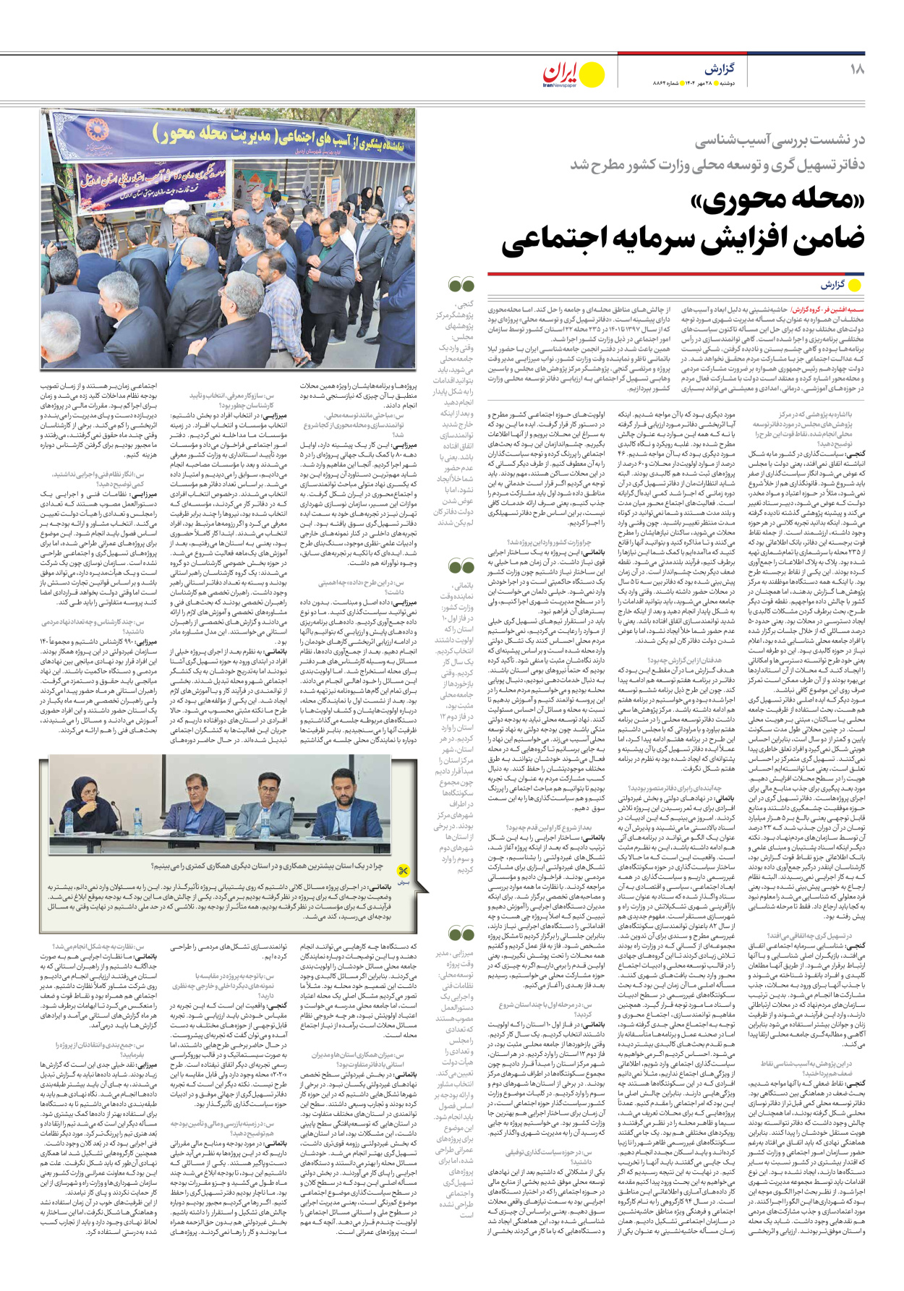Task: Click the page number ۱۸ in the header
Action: pos(857,69)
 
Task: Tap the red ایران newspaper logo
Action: pos(561,74)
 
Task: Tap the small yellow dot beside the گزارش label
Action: pos(855,285)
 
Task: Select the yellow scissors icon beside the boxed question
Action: pos(404,871)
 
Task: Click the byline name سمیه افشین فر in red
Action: pos(842,309)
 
